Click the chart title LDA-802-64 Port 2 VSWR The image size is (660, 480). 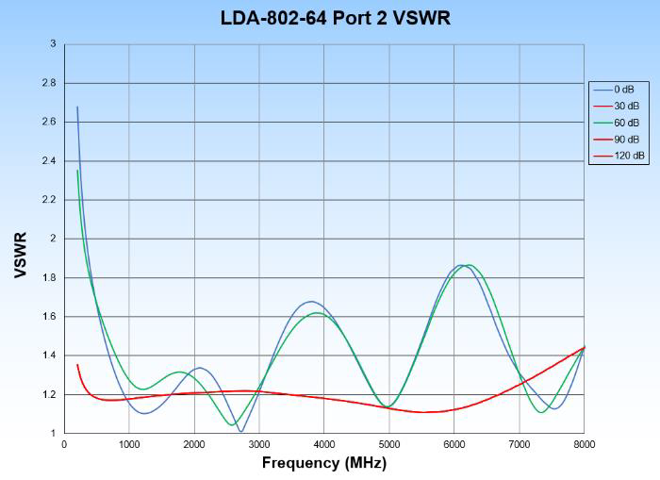pyautogui.click(x=336, y=18)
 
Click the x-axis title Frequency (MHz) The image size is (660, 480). pyautogui.click(x=323, y=463)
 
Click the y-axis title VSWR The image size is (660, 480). pyautogui.click(x=20, y=255)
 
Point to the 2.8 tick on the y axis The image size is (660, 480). pyautogui.click(x=48, y=83)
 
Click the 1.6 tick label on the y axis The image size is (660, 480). pyautogui.click(x=48, y=317)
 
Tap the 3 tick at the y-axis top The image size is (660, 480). pyautogui.click(x=53, y=44)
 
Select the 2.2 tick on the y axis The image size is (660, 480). pyautogui.click(x=48, y=200)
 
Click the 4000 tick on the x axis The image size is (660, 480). pyautogui.click(x=324, y=443)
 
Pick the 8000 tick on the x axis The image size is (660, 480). pyautogui.click(x=585, y=443)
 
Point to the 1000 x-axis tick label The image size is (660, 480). pyautogui.click(x=129, y=443)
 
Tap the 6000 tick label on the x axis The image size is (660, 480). pyautogui.click(x=454, y=443)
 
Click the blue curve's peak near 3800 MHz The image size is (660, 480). pyautogui.click(x=311, y=302)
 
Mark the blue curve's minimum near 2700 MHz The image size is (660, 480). pyautogui.click(x=241, y=432)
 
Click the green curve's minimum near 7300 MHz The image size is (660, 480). pyautogui.click(x=541, y=412)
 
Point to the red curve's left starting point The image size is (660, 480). pyautogui.click(x=77, y=364)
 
